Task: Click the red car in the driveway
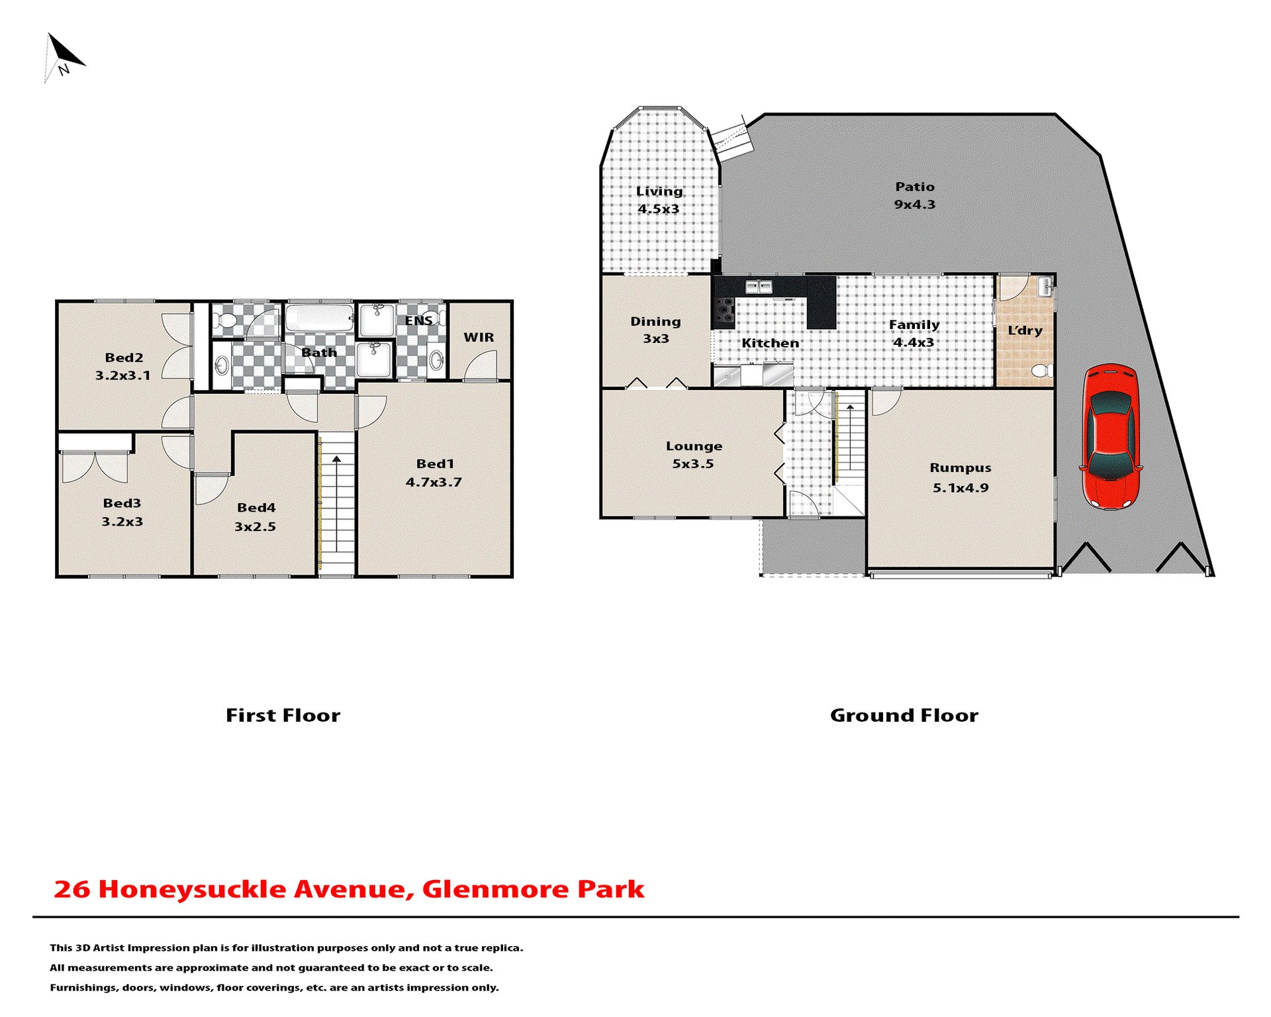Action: click(x=1111, y=437)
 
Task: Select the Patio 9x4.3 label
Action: click(x=915, y=195)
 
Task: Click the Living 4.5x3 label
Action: click(x=659, y=199)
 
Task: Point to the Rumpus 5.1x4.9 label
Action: click(x=960, y=477)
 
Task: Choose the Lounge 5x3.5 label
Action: click(x=693, y=454)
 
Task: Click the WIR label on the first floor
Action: click(x=479, y=337)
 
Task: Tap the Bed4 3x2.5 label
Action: click(x=256, y=516)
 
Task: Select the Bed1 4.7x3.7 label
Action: click(x=434, y=473)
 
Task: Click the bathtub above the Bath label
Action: click(x=319, y=318)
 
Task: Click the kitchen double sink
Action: click(x=759, y=287)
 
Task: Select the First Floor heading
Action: click(x=283, y=715)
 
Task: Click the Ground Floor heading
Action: click(x=904, y=715)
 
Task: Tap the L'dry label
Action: click(x=1025, y=330)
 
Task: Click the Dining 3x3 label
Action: click(x=655, y=330)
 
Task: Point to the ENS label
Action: click(x=418, y=320)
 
